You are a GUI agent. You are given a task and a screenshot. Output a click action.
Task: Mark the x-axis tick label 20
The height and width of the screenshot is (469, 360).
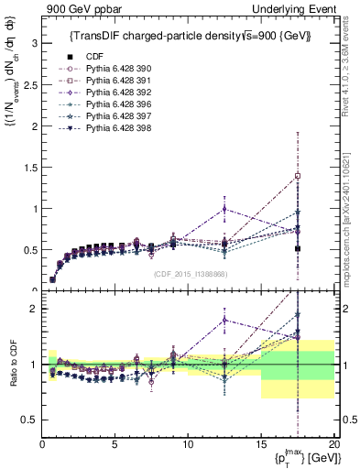click(x=333, y=446)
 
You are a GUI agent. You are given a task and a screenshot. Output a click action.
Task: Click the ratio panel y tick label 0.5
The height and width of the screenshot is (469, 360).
click(x=29, y=420)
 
